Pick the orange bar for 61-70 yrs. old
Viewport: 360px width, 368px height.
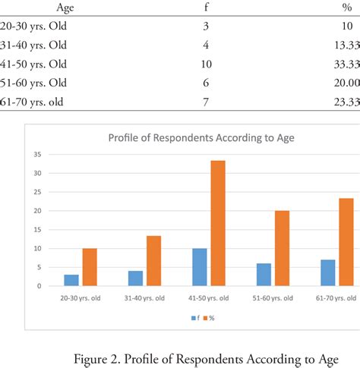[x=346, y=242]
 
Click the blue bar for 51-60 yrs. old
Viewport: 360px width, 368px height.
[x=264, y=275]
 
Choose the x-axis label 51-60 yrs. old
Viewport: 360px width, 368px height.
[x=272, y=297]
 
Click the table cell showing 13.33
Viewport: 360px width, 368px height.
[x=345, y=45]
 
